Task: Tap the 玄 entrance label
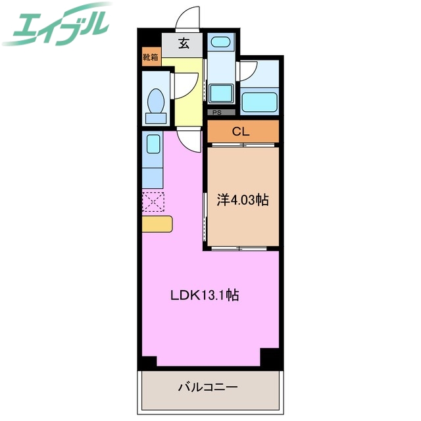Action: click(x=184, y=45)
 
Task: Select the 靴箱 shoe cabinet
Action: click(x=150, y=57)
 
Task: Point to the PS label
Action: click(x=216, y=112)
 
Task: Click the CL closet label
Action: click(x=241, y=132)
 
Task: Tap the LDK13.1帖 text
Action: click(x=205, y=296)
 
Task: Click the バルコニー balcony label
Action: click(x=207, y=386)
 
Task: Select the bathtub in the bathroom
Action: click(x=260, y=102)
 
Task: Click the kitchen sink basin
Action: click(x=153, y=144)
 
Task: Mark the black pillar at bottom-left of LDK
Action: click(x=148, y=360)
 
